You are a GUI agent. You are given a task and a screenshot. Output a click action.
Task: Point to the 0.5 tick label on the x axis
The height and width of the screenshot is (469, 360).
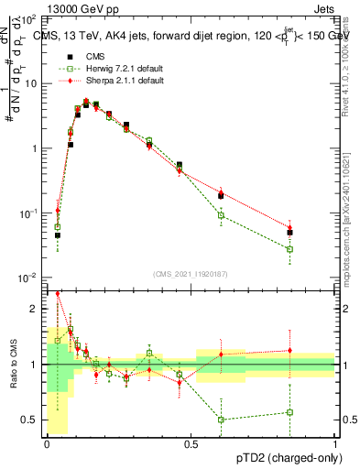[x=191, y=444]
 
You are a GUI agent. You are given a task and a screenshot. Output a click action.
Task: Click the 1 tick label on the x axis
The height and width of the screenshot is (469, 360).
[x=335, y=444]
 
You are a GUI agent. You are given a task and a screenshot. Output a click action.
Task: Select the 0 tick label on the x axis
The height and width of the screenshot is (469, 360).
[x=48, y=444]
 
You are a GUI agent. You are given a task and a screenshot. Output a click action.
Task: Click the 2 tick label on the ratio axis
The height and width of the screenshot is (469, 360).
[x=37, y=309]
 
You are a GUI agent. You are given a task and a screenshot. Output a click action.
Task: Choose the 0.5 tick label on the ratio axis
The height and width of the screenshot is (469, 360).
[x=33, y=420]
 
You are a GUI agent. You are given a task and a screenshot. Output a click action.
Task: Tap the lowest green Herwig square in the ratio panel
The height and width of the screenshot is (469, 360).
[x=221, y=420]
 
